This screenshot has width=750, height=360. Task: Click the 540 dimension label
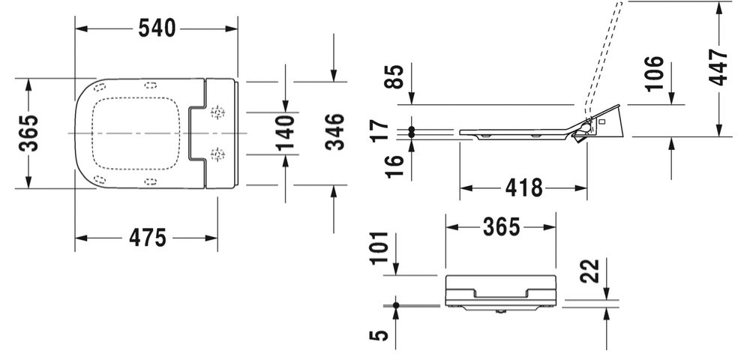pyautogui.click(x=157, y=28)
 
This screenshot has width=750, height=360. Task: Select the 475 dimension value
pyautogui.click(x=148, y=238)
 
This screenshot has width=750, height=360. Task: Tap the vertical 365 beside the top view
pyautogui.click(x=28, y=133)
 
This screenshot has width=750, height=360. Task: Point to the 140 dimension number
pyautogui.click(x=285, y=133)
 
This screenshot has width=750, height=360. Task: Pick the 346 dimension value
pyautogui.click(x=334, y=132)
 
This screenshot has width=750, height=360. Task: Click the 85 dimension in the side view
pyautogui.click(x=394, y=76)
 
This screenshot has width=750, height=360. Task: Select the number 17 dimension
pyautogui.click(x=381, y=131)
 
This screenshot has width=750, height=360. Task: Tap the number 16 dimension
pyautogui.click(x=394, y=166)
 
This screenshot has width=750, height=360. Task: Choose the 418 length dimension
pyautogui.click(x=524, y=188)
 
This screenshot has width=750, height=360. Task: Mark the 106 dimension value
pyautogui.click(x=654, y=73)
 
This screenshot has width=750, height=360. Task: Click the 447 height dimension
pyautogui.click(x=718, y=67)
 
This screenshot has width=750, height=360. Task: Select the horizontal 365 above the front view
pyautogui.click(x=501, y=227)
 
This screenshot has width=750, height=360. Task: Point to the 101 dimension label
pyautogui.click(x=379, y=248)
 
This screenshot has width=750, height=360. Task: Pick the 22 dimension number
pyautogui.click(x=589, y=271)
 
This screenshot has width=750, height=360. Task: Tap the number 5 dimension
pyautogui.click(x=379, y=334)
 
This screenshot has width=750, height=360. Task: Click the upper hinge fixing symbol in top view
pyautogui.click(x=217, y=112)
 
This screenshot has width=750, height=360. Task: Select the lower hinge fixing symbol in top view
pyautogui.click(x=217, y=154)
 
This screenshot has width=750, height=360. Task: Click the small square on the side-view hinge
pyautogui.click(x=601, y=121)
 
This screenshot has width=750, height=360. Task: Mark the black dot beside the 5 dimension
pyautogui.click(x=395, y=305)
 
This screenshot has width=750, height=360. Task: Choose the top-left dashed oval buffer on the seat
pyautogui.click(x=100, y=87)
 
